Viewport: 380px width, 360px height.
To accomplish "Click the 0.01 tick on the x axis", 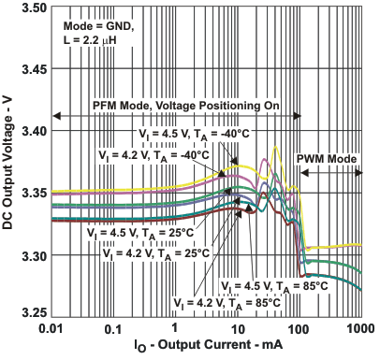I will coord(52,331).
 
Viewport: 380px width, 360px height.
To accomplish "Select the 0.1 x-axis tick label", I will coord(113,331).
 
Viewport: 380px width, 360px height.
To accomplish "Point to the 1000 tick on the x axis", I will coord(359,331).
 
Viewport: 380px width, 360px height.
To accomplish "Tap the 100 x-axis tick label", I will coord(299,331).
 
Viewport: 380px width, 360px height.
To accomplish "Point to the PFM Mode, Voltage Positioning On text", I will coord(185,106).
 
